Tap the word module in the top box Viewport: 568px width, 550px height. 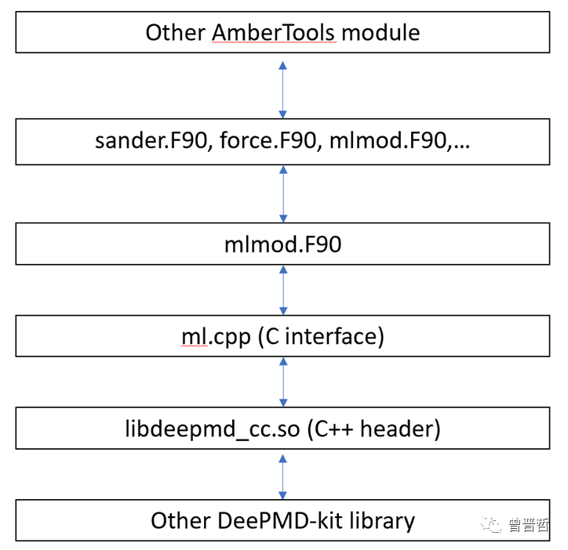[380, 33]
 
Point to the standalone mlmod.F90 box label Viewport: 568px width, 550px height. [283, 244]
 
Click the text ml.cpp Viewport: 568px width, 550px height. [216, 337]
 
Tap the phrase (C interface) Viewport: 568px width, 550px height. [321, 337]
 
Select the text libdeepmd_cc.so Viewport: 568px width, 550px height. [213, 429]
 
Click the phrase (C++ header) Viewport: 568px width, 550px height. [374, 429]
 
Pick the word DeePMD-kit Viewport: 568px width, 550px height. [280, 521]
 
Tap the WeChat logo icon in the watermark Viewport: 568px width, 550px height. [491, 524]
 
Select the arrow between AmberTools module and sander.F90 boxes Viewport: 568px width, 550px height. [283, 90]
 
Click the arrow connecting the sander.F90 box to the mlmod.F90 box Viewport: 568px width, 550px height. [283, 194]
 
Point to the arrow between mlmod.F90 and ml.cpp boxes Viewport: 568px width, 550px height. [283, 290]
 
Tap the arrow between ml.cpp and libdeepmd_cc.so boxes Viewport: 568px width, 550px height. [283, 382]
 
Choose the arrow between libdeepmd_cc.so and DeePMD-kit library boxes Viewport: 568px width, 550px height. [283, 477]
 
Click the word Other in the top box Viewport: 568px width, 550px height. [175, 33]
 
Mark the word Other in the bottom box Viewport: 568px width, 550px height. [180, 521]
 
